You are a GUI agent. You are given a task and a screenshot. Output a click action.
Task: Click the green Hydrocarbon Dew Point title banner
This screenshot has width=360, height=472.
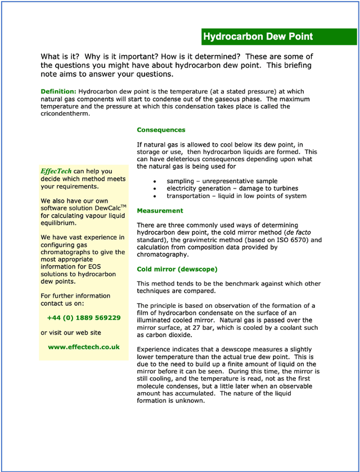[x=279, y=37]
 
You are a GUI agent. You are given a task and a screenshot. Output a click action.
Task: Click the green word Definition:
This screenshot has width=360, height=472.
[x=58, y=91]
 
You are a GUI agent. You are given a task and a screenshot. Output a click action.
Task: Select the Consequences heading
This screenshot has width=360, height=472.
[x=161, y=130]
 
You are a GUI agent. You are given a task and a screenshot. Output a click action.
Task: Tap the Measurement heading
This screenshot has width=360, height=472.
[x=160, y=211]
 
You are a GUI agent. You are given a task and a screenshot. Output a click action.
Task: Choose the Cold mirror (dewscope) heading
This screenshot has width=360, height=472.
[x=177, y=269]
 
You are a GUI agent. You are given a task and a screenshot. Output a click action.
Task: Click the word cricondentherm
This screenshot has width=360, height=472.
[x=65, y=114]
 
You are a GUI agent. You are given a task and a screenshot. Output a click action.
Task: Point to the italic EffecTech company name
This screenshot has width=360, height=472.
[x=56, y=171]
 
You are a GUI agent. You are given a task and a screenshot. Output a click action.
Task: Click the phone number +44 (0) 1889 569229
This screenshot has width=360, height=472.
[x=84, y=318]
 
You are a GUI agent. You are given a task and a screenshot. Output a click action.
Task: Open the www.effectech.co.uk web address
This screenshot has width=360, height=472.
[x=84, y=347]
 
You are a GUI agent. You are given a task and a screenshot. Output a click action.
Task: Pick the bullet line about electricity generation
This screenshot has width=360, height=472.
[x=232, y=189]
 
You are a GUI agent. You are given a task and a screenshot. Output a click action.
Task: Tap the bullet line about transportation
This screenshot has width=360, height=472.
[x=236, y=196]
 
